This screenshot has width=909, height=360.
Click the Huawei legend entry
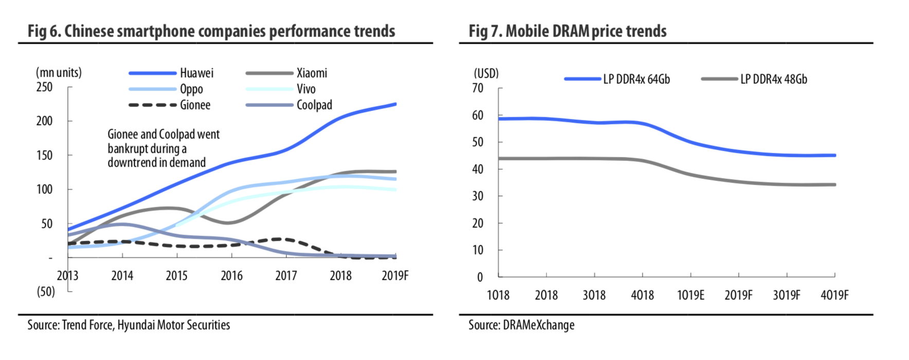(x=196, y=73)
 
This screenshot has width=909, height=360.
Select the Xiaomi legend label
(x=312, y=73)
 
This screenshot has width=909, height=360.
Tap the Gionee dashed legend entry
(x=194, y=105)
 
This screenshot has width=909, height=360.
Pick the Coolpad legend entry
(x=314, y=105)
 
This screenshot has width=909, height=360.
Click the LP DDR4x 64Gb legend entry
(x=636, y=79)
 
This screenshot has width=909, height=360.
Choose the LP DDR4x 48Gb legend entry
(x=773, y=79)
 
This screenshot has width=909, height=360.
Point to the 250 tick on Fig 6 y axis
(x=45, y=87)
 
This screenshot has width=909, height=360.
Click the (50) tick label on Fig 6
(x=45, y=292)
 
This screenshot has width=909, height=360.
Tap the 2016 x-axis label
(x=231, y=276)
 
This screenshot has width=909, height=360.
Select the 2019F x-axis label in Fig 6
(x=395, y=276)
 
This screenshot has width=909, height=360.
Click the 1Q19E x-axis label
(x=690, y=295)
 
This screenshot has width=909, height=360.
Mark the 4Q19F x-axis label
(x=834, y=295)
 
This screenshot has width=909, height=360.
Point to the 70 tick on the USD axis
(x=478, y=88)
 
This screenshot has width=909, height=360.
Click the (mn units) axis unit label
(x=59, y=73)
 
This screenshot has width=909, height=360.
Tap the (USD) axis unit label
(x=486, y=74)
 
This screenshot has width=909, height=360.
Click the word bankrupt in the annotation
(x=129, y=149)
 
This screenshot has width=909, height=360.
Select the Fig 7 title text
(x=567, y=31)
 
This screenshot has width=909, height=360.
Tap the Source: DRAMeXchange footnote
(x=521, y=325)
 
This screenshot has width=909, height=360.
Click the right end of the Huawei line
(x=394, y=104)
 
